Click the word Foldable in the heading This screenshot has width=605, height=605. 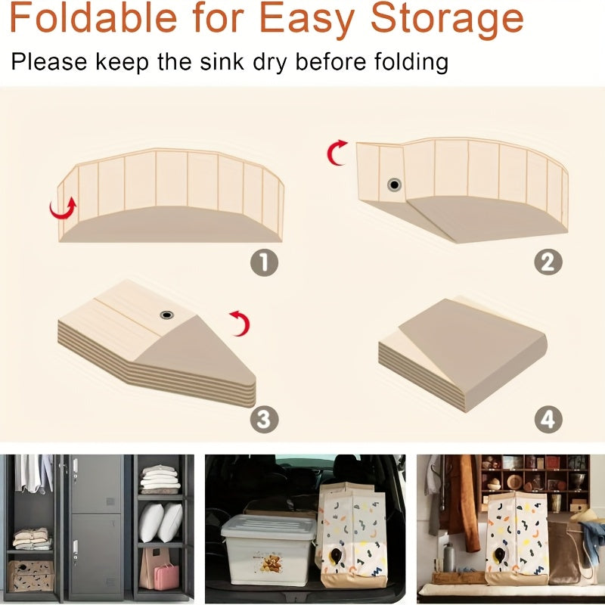(x=93, y=17)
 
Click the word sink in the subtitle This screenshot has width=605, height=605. (x=222, y=61)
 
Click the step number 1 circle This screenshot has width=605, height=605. (x=264, y=262)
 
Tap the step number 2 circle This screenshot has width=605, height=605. (x=548, y=262)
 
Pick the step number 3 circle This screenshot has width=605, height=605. (x=264, y=419)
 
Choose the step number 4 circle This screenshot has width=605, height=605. (x=548, y=419)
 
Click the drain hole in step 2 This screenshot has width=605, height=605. (x=394, y=185)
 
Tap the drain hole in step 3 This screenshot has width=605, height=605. (x=166, y=315)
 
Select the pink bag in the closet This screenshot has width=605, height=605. (x=166, y=576)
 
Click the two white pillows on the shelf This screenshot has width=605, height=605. (x=160, y=522)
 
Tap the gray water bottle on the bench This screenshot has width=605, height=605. (x=448, y=557)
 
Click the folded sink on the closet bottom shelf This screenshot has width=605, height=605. (x=31, y=576)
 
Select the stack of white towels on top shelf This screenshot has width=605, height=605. (x=160, y=479)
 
